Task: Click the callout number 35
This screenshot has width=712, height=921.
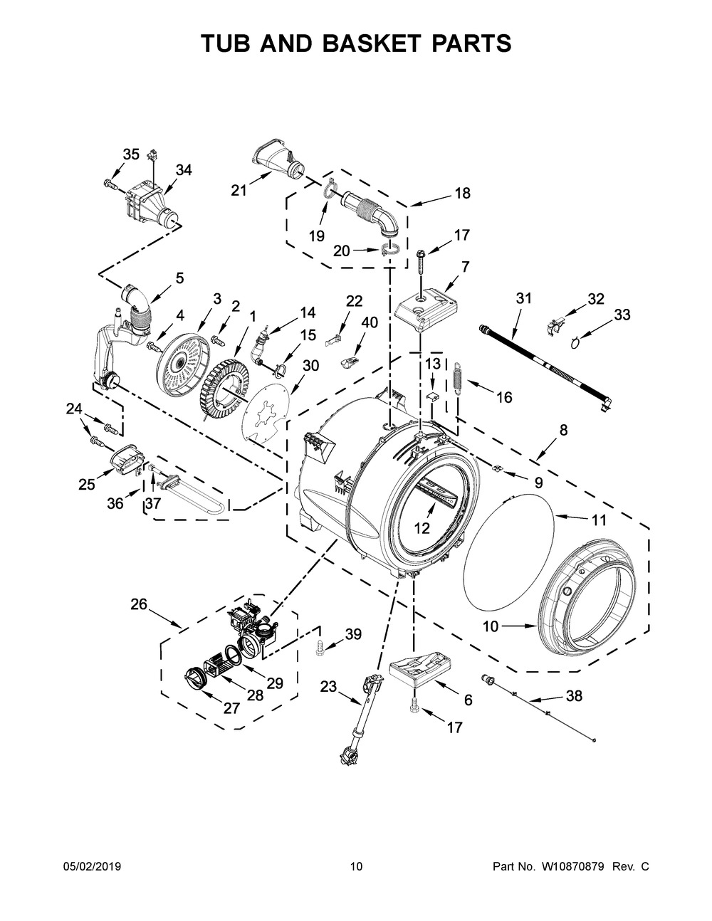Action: [x=131, y=154]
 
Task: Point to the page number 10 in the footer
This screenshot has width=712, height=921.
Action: [x=356, y=867]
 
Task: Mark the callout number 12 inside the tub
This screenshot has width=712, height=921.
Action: [x=422, y=527]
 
